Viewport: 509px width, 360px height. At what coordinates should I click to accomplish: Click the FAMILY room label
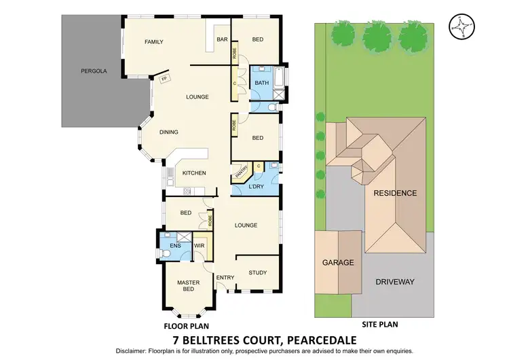point(154,42)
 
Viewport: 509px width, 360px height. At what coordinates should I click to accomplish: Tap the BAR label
point(222,39)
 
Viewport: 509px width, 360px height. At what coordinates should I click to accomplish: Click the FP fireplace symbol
point(164,79)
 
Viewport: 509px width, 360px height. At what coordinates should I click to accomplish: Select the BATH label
point(261,83)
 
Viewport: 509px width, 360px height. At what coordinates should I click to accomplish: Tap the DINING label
point(169,132)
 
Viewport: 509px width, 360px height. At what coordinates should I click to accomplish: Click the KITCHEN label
point(193,173)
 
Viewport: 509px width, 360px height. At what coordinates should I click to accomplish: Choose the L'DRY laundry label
point(256,185)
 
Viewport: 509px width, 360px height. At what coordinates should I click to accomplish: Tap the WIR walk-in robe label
point(200,245)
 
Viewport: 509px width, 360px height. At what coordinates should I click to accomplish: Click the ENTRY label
point(225,277)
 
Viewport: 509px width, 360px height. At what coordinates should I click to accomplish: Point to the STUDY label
point(257,273)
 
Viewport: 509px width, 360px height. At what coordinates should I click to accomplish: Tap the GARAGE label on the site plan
point(338,262)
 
